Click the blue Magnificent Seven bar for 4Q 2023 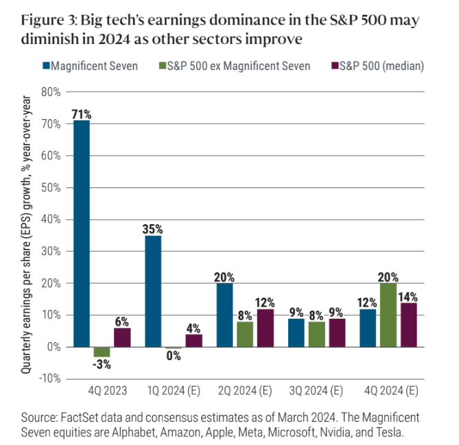point(82,233)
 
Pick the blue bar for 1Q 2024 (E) point(153,291)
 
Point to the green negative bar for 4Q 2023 point(102,352)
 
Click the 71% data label point(82,115)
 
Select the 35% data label point(153,230)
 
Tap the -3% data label point(102,363)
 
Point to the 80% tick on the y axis point(51,92)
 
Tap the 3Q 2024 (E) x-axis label point(317,392)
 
